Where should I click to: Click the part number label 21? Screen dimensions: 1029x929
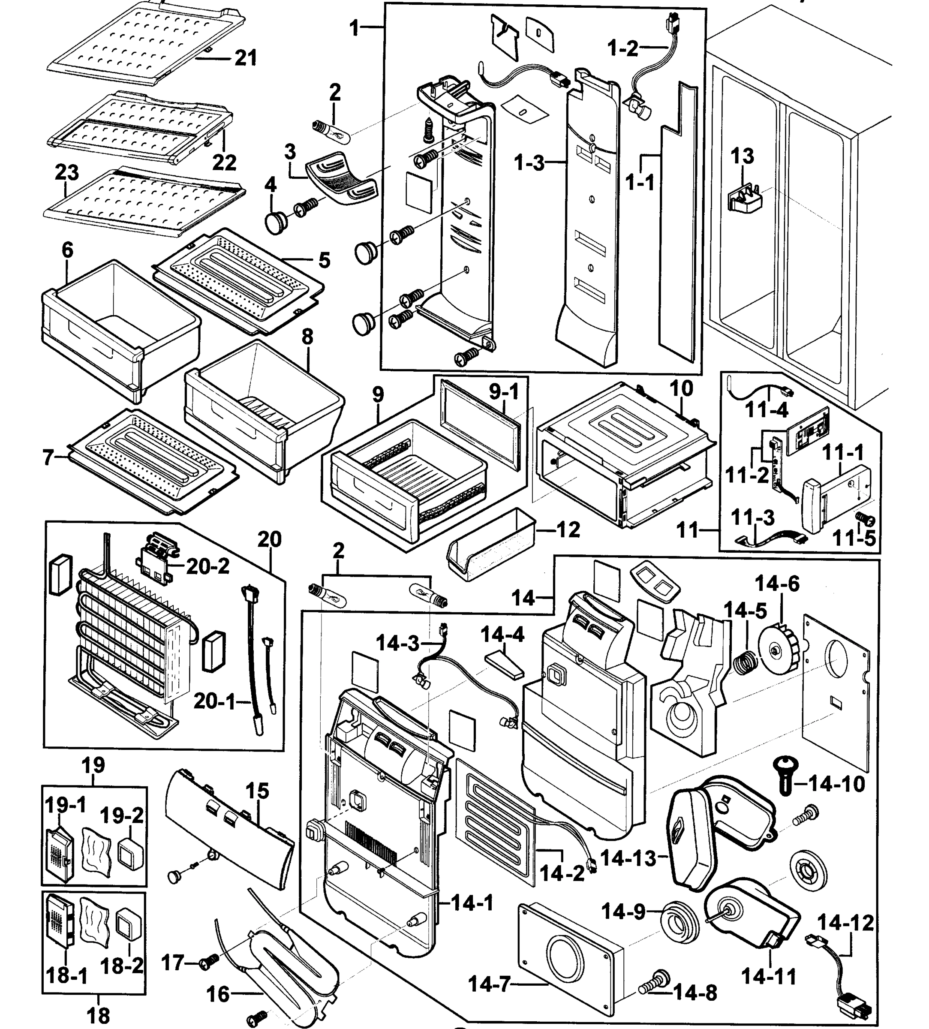click(x=246, y=58)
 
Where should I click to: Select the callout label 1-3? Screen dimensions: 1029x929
click(x=529, y=163)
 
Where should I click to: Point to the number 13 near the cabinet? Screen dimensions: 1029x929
click(x=742, y=156)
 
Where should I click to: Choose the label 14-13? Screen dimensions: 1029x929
click(x=628, y=858)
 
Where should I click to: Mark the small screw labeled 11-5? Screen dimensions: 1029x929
click(x=865, y=520)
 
